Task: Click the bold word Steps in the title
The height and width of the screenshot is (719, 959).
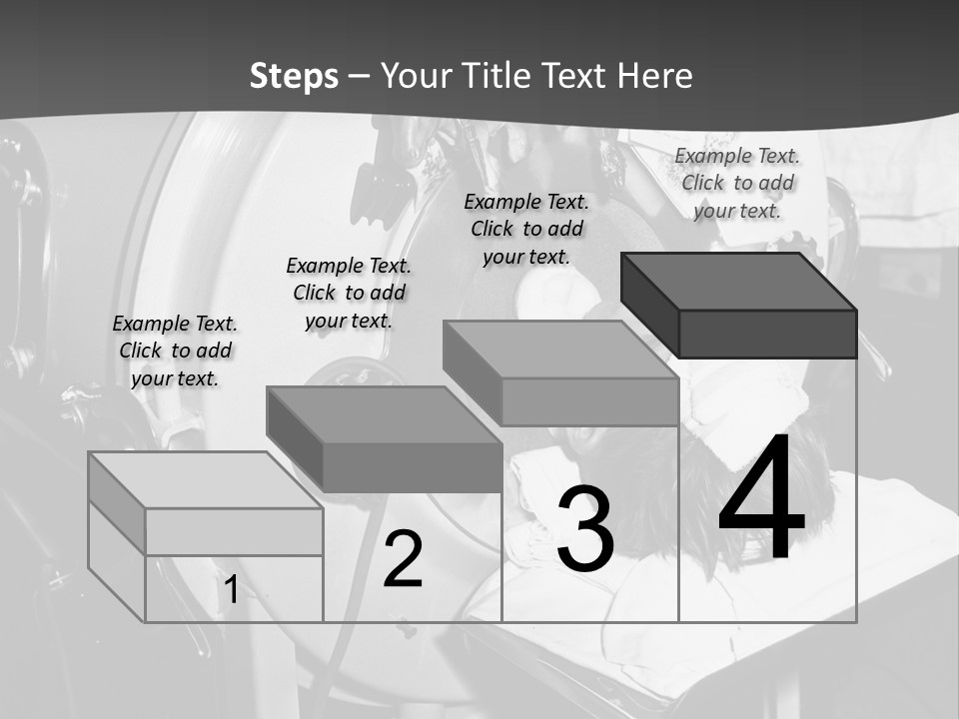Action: coord(294,76)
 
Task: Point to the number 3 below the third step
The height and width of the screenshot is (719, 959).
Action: coord(585,529)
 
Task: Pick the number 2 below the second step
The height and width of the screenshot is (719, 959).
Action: coord(403,559)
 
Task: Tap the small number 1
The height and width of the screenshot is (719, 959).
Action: coord(231,589)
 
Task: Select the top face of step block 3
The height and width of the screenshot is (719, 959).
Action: coord(560,350)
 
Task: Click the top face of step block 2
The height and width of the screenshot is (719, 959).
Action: coord(384,414)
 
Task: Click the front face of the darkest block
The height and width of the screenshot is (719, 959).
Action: coord(767,334)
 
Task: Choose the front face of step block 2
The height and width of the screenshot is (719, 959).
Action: coord(412,467)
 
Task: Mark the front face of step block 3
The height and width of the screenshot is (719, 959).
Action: coord(589,401)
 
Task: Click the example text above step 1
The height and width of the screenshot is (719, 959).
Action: coord(175,351)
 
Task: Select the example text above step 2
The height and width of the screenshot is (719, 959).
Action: coord(349,293)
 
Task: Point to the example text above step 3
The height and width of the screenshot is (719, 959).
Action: coord(526,229)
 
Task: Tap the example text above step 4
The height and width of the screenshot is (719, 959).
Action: coord(737,183)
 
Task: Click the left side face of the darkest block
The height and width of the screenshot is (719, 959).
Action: coord(649,305)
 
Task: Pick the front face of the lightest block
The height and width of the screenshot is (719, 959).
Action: coord(234,531)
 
